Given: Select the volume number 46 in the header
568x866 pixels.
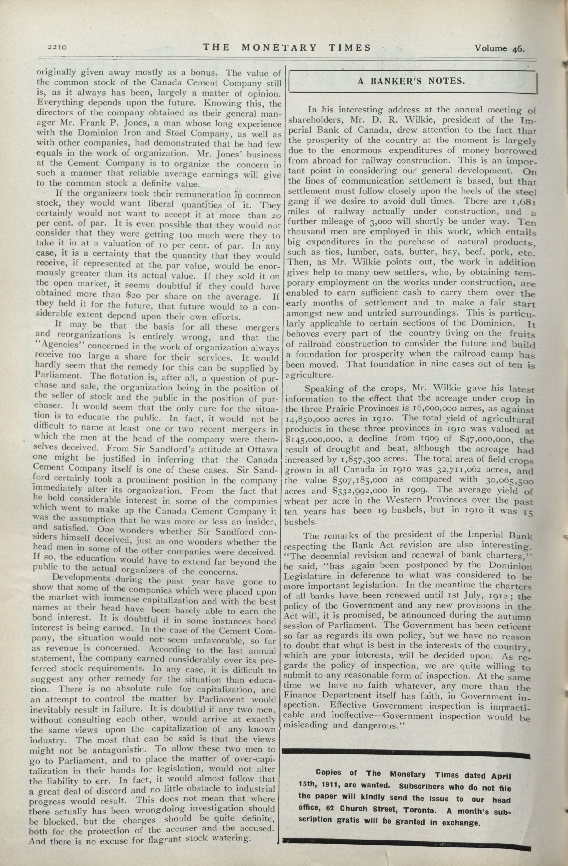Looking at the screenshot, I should (x=518, y=48).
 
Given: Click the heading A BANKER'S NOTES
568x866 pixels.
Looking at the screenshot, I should (x=411, y=81).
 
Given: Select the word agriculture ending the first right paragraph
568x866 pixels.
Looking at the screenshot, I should (x=310, y=375).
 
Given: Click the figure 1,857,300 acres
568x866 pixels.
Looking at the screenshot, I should (x=367, y=460).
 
